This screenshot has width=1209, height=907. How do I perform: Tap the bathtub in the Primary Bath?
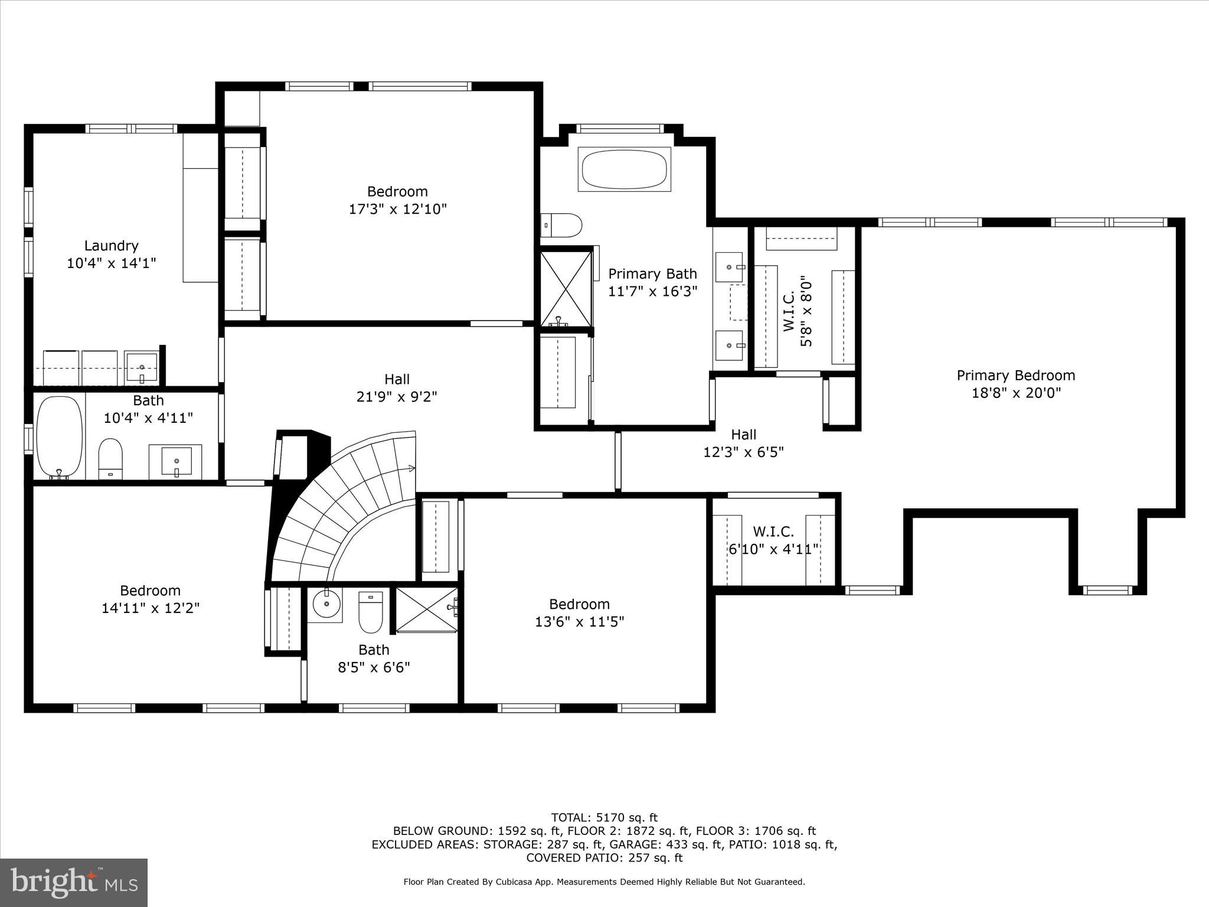[x=624, y=169]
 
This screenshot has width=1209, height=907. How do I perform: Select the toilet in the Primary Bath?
[x=562, y=225]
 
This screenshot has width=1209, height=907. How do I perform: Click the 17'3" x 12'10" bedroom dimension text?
[x=397, y=209]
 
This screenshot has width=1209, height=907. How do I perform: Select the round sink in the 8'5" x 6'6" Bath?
[x=325, y=603]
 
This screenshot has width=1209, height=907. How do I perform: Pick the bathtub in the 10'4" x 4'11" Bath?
[x=60, y=436]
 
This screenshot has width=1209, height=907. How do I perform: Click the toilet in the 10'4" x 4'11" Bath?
[x=110, y=458]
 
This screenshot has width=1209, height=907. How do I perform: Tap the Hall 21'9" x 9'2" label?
[x=397, y=388]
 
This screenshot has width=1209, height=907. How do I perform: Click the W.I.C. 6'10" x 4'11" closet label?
[x=773, y=540]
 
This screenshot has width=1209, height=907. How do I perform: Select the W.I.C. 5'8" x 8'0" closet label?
[x=798, y=313]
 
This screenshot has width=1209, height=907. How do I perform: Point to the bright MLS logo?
[x=74, y=882]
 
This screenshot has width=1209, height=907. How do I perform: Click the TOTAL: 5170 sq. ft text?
[x=604, y=818]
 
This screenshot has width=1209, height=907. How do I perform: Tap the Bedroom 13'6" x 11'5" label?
[x=579, y=613]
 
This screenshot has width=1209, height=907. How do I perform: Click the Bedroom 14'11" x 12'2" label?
[x=150, y=599]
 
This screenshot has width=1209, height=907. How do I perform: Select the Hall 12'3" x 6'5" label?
[x=743, y=443]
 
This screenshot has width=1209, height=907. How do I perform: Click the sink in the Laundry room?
[x=142, y=366]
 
